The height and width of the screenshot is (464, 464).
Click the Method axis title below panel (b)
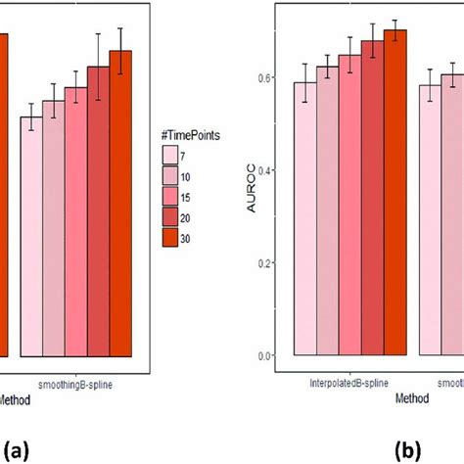coord(411,399)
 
